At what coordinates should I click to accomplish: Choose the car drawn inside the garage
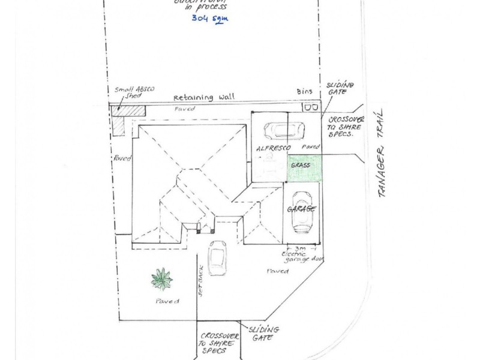click(x=302, y=213)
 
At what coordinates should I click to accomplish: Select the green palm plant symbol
click(x=161, y=278)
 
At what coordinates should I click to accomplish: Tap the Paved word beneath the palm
click(x=166, y=301)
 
